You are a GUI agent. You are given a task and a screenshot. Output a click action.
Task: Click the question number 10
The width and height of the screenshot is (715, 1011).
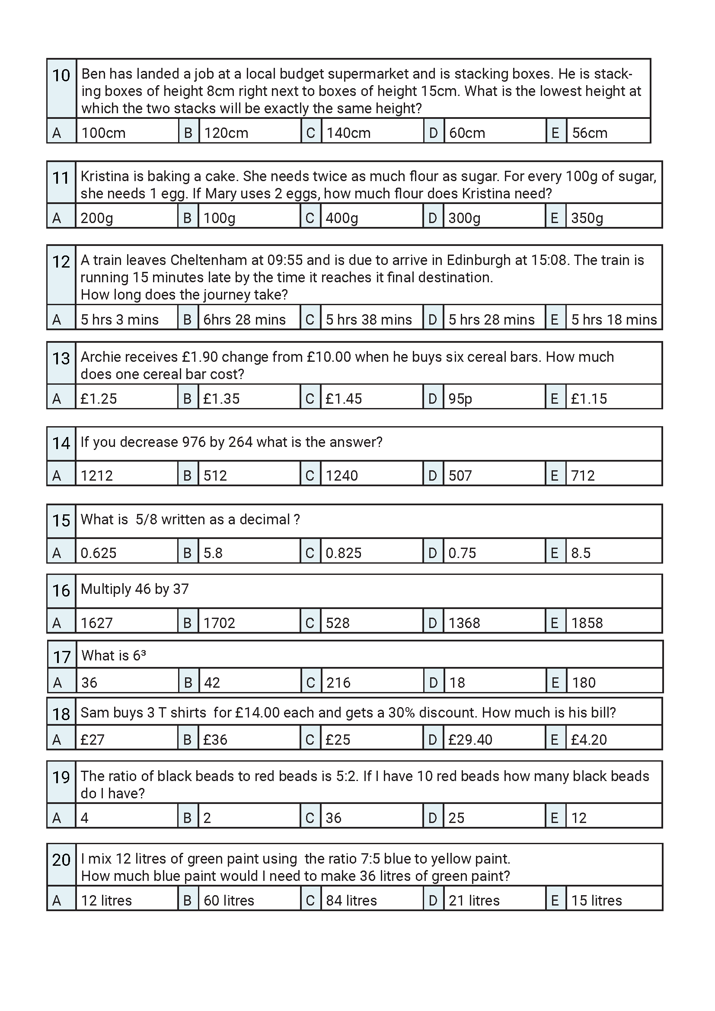(61, 76)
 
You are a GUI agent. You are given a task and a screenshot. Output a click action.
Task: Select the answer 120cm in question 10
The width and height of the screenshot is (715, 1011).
(226, 133)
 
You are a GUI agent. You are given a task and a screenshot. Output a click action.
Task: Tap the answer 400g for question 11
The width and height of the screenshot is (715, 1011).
(342, 218)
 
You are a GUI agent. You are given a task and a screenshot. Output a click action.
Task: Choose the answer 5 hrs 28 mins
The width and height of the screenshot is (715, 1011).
(492, 320)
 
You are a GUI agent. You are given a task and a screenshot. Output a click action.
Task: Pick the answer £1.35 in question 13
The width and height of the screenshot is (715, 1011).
(221, 399)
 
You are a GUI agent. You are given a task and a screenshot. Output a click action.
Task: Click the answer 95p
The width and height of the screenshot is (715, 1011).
(460, 399)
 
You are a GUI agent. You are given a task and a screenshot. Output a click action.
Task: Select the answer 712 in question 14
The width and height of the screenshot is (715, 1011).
(582, 475)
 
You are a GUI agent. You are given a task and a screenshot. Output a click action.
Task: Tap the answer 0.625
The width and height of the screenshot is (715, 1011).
(98, 553)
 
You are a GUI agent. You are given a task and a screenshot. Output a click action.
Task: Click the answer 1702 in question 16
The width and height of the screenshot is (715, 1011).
(219, 623)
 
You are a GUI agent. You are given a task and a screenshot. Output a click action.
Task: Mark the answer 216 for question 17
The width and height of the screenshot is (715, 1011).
(338, 683)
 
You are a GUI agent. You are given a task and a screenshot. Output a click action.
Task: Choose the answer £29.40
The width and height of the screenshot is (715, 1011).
(470, 740)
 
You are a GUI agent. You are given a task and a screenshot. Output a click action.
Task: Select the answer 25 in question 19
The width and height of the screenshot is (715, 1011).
(456, 818)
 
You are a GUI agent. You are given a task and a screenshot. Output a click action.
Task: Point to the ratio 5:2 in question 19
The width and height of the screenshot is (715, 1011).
(347, 776)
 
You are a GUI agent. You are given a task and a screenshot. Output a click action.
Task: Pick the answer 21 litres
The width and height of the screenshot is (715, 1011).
(474, 901)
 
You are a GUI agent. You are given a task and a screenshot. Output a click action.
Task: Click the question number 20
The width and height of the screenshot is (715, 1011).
(61, 860)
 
